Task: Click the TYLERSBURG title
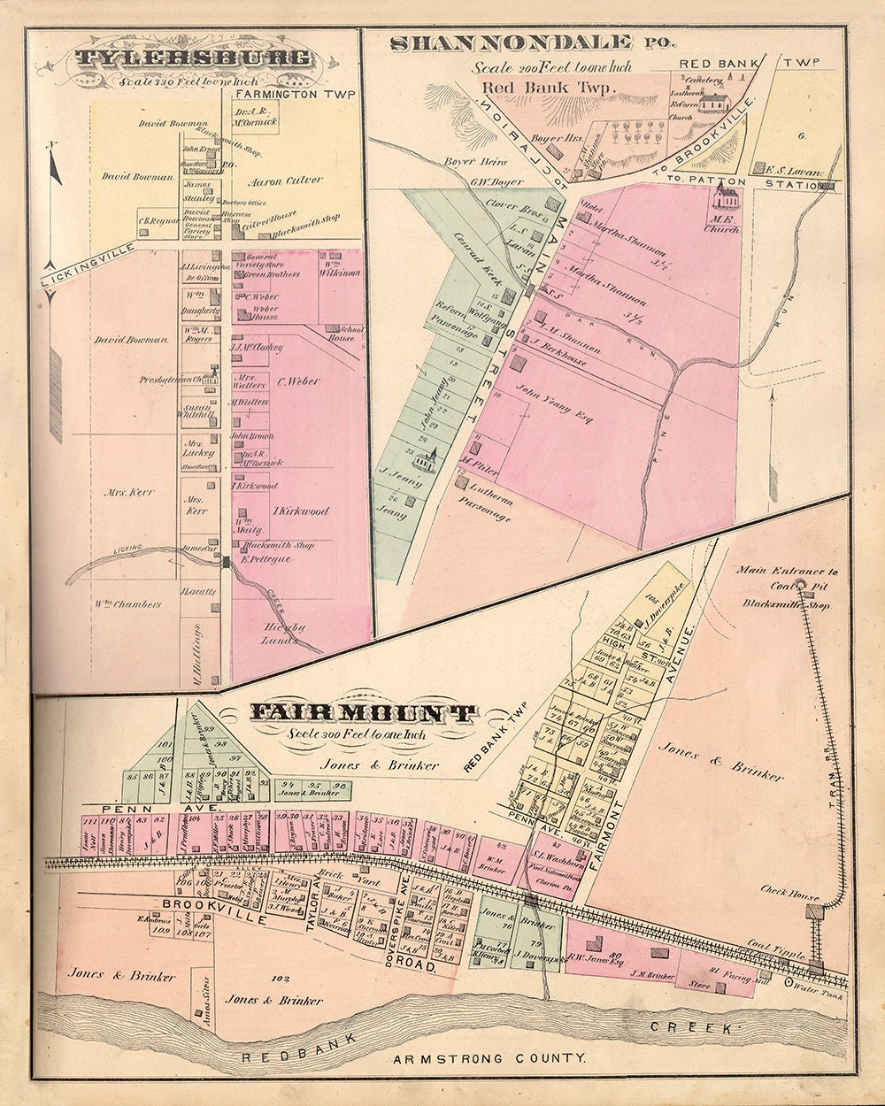[x=192, y=59]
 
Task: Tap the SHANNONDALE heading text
[x=511, y=42]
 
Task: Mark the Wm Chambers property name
[x=128, y=605]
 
